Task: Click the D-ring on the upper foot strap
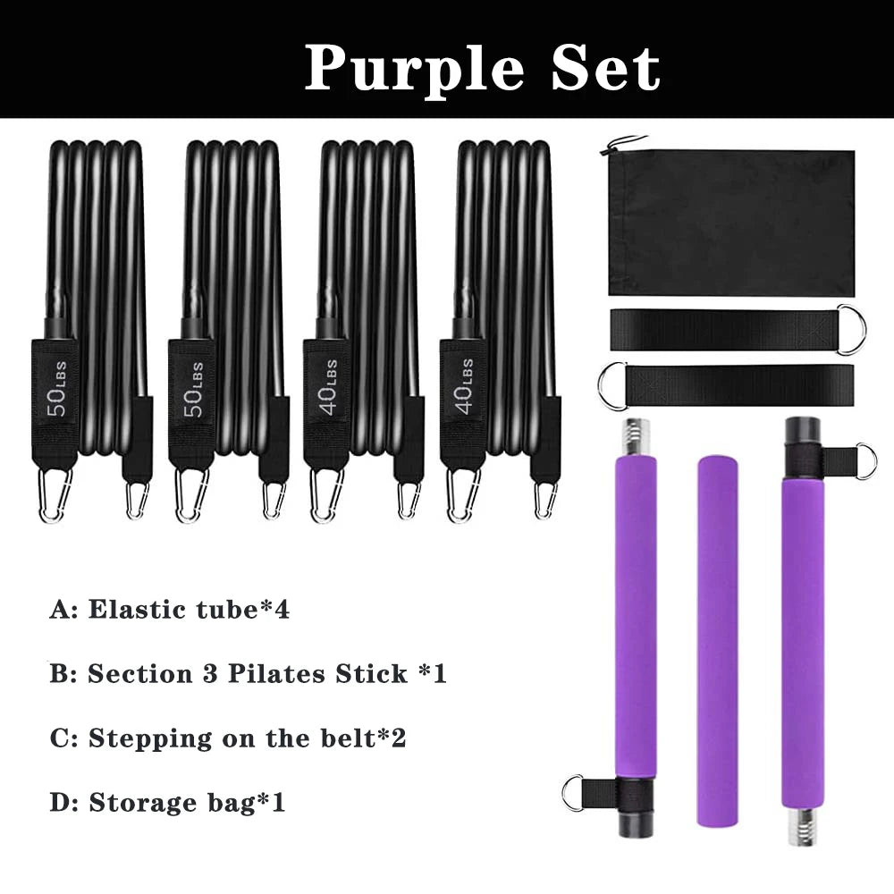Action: click(x=852, y=329)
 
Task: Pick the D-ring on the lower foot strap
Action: click(x=611, y=386)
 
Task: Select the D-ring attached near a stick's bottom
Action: click(x=573, y=792)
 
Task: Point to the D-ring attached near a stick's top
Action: click(x=864, y=461)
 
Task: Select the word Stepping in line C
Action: click(x=150, y=739)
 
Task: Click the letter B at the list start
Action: click(x=61, y=674)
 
